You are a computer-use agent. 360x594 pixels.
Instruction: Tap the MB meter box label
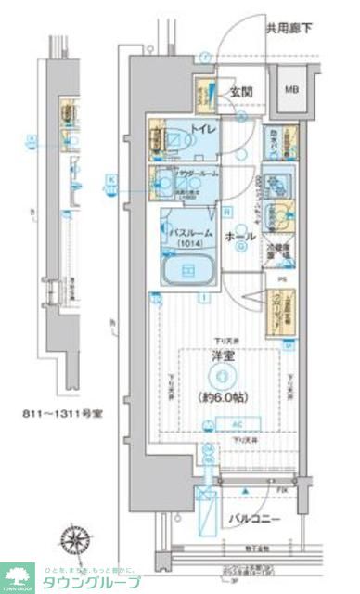pos(291,90)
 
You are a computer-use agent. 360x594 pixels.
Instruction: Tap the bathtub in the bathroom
pos(188,271)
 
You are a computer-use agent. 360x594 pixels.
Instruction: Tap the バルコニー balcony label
pos(251,520)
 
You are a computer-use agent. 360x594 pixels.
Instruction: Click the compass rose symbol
pos(74,539)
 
